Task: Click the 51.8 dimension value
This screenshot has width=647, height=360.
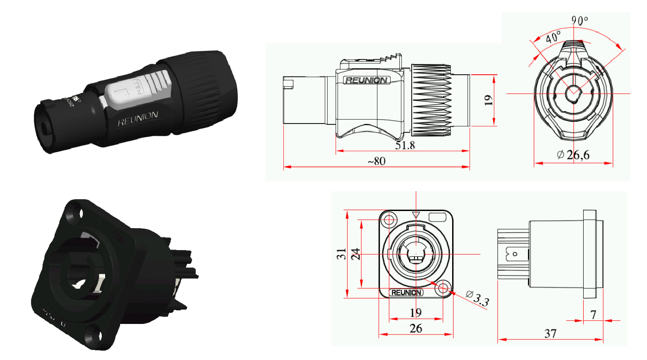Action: (405, 145)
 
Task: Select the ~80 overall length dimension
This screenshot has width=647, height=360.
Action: (377, 161)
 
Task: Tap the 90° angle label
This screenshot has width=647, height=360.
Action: (579, 20)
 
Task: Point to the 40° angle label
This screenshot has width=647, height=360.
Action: (553, 36)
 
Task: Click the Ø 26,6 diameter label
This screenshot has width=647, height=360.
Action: (573, 155)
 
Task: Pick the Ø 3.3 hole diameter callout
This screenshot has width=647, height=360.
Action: (477, 298)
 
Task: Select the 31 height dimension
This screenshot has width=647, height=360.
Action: (342, 254)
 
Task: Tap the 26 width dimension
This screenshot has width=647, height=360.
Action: (416, 328)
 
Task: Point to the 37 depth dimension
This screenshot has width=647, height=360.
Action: (550, 334)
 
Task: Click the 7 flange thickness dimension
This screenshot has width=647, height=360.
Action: (593, 315)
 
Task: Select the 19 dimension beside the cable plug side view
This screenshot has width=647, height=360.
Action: (488, 100)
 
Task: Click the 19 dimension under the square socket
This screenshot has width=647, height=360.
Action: (416, 313)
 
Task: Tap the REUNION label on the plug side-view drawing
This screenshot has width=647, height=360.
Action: (366, 80)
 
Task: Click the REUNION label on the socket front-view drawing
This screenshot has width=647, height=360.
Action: (406, 293)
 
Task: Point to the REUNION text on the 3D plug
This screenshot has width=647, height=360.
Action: (138, 119)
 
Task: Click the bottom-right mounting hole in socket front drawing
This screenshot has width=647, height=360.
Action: (443, 289)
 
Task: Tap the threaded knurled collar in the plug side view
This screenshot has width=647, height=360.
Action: (431, 100)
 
